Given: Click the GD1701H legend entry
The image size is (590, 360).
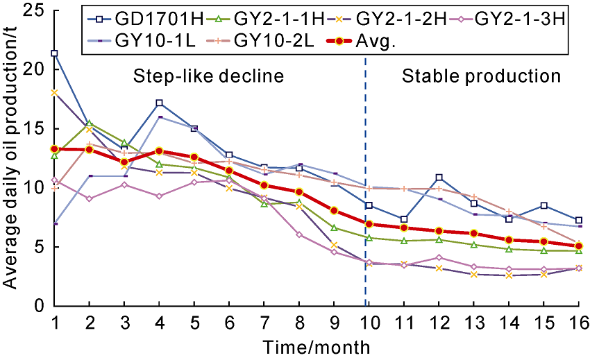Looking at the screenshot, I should tap(154, 16).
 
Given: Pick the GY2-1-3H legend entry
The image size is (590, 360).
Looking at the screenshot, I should tap(518, 16).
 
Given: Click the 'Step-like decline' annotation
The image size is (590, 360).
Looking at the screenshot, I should tap(208, 76).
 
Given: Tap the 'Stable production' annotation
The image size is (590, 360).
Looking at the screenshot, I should tap(481, 76).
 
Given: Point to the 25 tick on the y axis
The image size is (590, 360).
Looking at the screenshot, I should tap(34, 10).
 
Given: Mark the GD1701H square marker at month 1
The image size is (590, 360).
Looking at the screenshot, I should tap(54, 53).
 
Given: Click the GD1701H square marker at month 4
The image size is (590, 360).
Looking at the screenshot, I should tap(160, 103).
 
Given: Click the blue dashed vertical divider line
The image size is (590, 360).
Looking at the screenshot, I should tap(365, 208).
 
